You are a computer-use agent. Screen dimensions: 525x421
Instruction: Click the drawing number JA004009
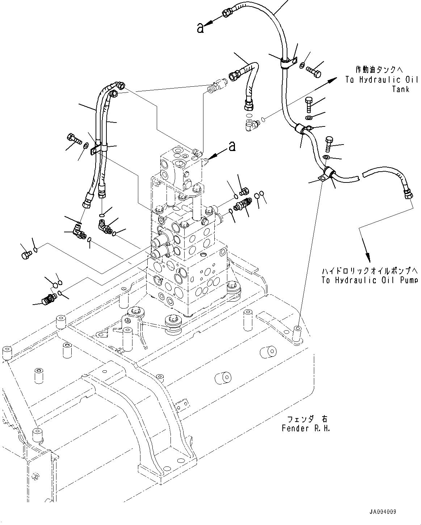383,512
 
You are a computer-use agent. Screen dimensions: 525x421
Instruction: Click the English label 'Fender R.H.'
306,429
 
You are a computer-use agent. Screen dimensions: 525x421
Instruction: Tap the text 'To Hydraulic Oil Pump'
370,280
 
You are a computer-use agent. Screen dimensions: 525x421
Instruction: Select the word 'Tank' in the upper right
401,89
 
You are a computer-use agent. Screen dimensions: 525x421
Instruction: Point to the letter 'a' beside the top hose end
200,28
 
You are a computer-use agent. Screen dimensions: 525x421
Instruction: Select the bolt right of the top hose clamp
314,72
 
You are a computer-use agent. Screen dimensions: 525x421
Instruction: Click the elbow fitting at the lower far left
49,298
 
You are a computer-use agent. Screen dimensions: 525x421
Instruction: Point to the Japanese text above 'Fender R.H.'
307,419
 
